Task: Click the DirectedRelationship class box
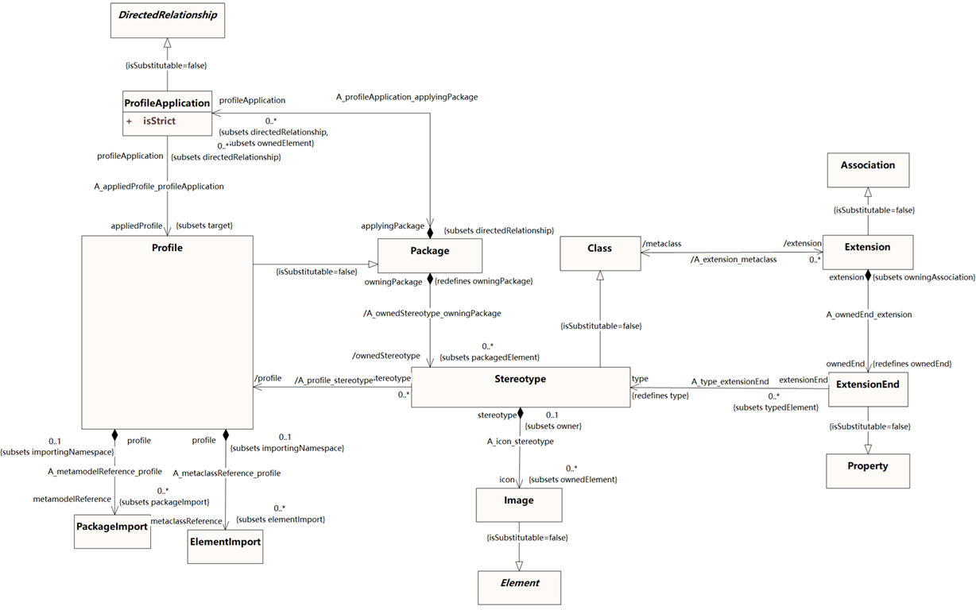[168, 21]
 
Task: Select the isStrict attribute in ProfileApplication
[160, 122]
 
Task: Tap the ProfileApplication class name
[168, 102]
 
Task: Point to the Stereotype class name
[520, 379]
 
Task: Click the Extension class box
[867, 252]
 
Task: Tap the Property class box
[867, 470]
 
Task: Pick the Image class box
[518, 504]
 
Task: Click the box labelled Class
[599, 253]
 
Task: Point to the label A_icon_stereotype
[521, 441]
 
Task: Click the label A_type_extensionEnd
[730, 382]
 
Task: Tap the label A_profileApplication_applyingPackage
[407, 97]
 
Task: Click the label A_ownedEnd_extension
[869, 315]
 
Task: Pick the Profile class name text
[167, 248]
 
